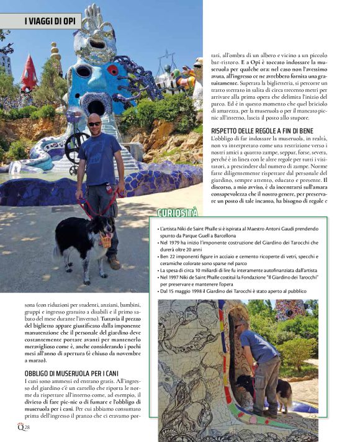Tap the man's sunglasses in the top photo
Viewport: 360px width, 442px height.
pos(94,124)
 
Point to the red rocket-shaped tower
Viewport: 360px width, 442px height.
pos(29,75)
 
